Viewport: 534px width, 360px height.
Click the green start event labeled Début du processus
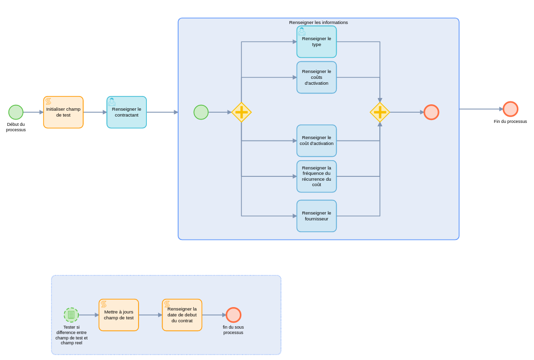tap(16, 112)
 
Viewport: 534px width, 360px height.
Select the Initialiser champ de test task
tap(63, 112)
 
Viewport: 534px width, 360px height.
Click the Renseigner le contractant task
tap(126, 112)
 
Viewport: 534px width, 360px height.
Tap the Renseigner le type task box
tap(316, 42)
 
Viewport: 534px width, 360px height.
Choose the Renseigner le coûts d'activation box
tap(316, 77)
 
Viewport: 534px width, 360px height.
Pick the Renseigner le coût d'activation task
tap(316, 141)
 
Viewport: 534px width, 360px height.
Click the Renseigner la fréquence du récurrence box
tap(316, 176)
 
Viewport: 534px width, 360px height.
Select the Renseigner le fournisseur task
tap(316, 216)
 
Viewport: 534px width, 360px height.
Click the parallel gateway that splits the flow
tap(241, 112)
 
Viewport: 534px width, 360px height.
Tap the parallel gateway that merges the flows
tap(380, 112)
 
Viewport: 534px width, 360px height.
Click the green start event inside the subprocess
tap(201, 112)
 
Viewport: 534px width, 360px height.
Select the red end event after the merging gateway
tap(431, 112)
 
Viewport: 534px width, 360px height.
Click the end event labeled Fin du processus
tap(510, 109)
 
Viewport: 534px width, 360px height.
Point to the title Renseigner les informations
tap(318, 23)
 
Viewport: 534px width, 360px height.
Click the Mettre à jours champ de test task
tap(118, 315)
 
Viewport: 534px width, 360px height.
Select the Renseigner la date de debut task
tap(182, 315)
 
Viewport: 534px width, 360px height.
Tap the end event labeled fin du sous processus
tap(233, 315)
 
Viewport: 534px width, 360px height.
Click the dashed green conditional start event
tap(71, 315)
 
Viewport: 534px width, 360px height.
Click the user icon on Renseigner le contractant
tap(112, 102)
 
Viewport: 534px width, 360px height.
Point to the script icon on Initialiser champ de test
tap(48, 101)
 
